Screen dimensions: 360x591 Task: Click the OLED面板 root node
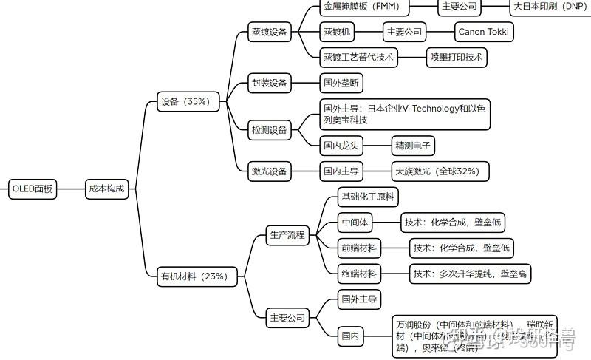33,189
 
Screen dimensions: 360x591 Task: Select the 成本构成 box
107,189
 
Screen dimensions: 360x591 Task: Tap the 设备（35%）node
188,102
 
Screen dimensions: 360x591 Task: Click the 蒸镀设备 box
269,32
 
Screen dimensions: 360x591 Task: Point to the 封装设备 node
269,83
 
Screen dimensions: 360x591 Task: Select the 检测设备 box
269,130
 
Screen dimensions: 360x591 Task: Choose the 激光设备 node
269,171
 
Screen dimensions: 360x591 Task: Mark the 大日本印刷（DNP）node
549,7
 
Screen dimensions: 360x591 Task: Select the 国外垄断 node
341,83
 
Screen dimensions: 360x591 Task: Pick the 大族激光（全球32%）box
440,171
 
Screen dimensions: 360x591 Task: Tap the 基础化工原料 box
368,197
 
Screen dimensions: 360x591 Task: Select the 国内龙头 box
341,145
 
